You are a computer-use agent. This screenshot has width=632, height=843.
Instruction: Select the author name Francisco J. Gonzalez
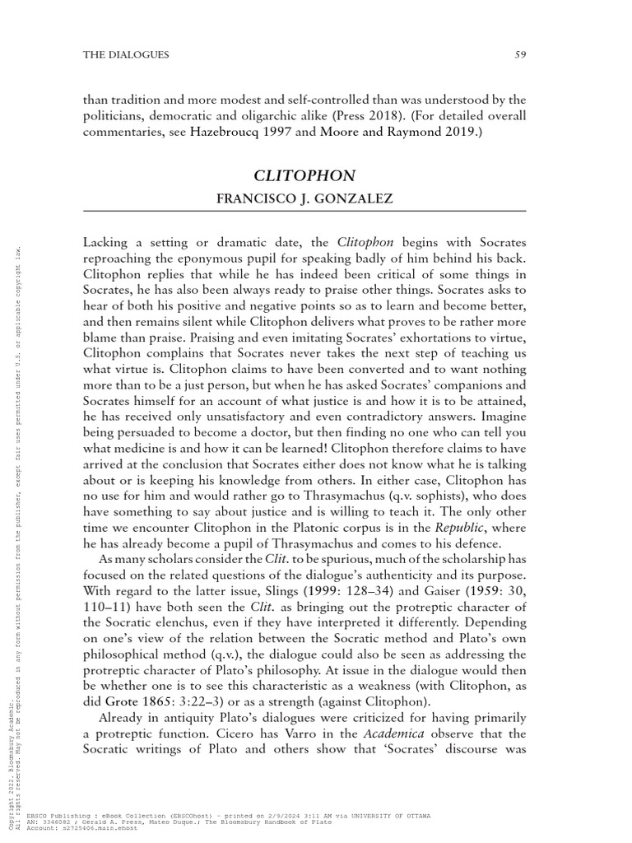[305, 198]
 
